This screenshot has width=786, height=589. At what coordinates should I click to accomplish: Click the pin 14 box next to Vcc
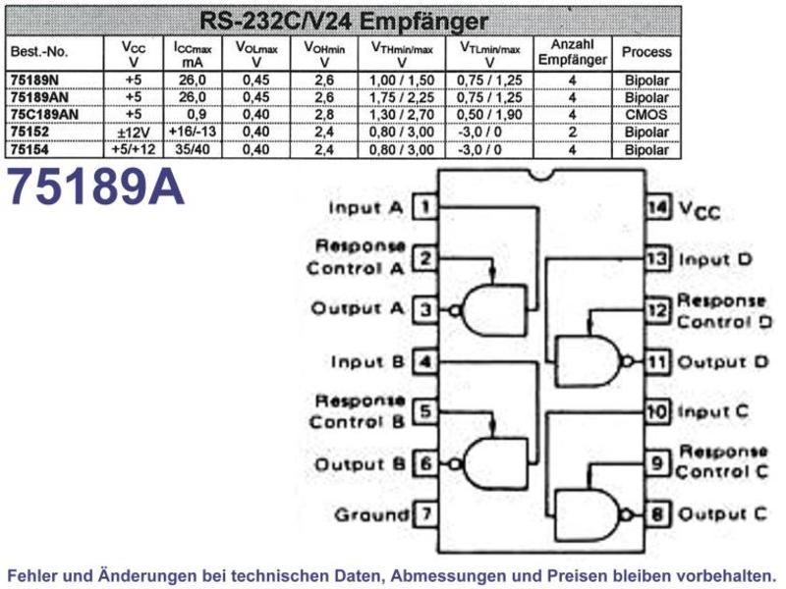(x=657, y=207)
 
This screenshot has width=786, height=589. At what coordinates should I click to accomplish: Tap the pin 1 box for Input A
(x=425, y=207)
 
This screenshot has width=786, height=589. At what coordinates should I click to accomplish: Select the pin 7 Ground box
(x=425, y=513)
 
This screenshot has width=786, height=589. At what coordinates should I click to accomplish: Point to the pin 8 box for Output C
(x=657, y=513)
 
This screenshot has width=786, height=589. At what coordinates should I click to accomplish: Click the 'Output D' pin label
(x=723, y=361)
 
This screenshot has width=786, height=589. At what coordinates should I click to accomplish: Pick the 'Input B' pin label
(x=367, y=361)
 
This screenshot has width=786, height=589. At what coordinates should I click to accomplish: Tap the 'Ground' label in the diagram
(x=371, y=514)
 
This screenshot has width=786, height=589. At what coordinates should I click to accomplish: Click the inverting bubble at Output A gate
(x=455, y=310)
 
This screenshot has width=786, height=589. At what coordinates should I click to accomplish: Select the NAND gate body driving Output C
(x=587, y=514)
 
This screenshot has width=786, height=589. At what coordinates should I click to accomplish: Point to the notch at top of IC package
(x=542, y=175)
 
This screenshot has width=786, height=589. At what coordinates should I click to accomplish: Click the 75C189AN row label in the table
(x=44, y=115)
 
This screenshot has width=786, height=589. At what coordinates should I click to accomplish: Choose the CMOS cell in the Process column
(x=646, y=115)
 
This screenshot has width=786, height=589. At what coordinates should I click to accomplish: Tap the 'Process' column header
(x=646, y=52)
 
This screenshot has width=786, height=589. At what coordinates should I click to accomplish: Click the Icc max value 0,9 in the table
(x=196, y=115)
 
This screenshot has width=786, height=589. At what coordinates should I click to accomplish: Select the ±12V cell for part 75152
(x=133, y=133)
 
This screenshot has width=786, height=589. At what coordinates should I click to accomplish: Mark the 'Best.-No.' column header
(x=39, y=52)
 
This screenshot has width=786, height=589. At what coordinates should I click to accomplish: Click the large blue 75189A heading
(x=95, y=187)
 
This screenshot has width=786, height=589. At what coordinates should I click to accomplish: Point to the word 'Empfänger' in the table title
(x=423, y=21)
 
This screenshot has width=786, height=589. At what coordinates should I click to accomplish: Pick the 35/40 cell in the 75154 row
(x=192, y=149)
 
